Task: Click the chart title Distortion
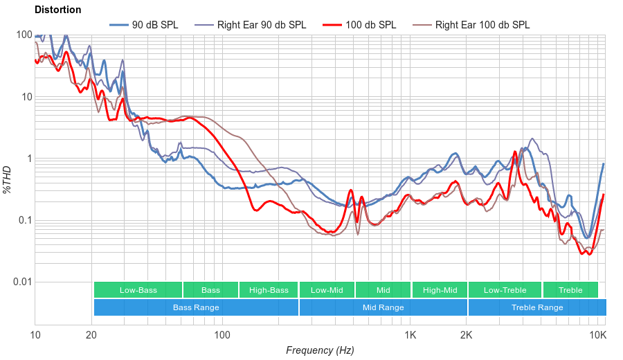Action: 57,10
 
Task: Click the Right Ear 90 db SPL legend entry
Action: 261,25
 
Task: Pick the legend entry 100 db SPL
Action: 370,25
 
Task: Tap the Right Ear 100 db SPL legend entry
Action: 482,25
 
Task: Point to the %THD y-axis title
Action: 8,179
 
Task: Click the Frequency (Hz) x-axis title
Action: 320,350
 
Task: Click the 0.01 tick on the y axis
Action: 22,282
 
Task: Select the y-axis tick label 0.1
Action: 26,220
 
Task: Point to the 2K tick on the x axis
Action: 467,335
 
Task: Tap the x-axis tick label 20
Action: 91,335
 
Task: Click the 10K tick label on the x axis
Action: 598,335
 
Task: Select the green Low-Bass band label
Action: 138,290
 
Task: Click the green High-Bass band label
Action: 269,290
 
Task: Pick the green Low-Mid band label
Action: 327,290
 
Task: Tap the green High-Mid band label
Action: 440,290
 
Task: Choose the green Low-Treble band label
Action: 505,290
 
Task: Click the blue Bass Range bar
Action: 196,307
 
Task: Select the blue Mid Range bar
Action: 383,307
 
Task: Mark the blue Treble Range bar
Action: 536,307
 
